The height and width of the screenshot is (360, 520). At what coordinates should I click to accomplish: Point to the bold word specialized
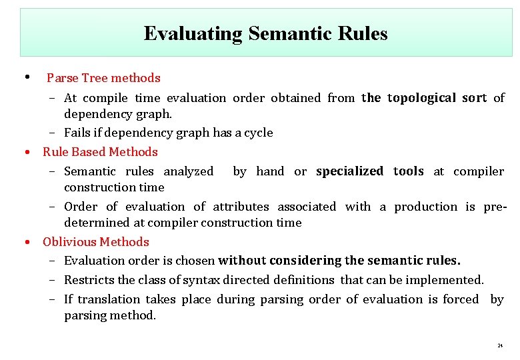click(x=349, y=171)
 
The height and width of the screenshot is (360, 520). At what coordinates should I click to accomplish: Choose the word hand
click(x=270, y=171)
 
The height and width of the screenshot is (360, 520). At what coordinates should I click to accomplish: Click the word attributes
click(x=241, y=207)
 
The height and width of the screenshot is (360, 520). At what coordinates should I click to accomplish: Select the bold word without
click(x=242, y=261)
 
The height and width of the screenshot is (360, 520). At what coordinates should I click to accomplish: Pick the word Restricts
click(x=88, y=280)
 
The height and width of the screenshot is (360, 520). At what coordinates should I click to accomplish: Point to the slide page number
click(x=499, y=347)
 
